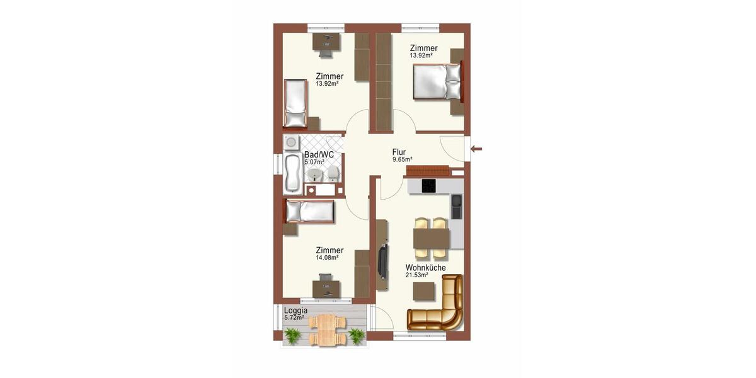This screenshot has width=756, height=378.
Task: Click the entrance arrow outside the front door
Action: point(477,149)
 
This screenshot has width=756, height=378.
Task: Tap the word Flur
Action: point(399,152)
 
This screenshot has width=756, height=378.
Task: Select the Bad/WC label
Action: point(319,154)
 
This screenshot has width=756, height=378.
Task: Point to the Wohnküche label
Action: point(425,268)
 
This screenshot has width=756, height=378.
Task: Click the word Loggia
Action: point(295,311)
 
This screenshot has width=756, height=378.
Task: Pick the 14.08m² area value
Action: point(327,258)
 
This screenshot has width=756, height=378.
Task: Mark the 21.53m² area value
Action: point(416,275)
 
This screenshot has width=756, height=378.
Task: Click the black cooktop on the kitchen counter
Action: point(428,186)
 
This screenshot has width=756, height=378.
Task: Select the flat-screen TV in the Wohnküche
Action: point(382,261)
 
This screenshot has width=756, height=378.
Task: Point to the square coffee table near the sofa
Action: point(424,291)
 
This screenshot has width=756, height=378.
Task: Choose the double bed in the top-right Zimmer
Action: point(438,83)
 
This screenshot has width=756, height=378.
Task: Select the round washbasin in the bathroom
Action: point(316,174)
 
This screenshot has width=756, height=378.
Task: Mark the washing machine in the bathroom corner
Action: point(292,141)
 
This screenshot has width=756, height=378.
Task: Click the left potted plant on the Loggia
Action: point(292,337)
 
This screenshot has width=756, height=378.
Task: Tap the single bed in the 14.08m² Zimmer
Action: point(309,212)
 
